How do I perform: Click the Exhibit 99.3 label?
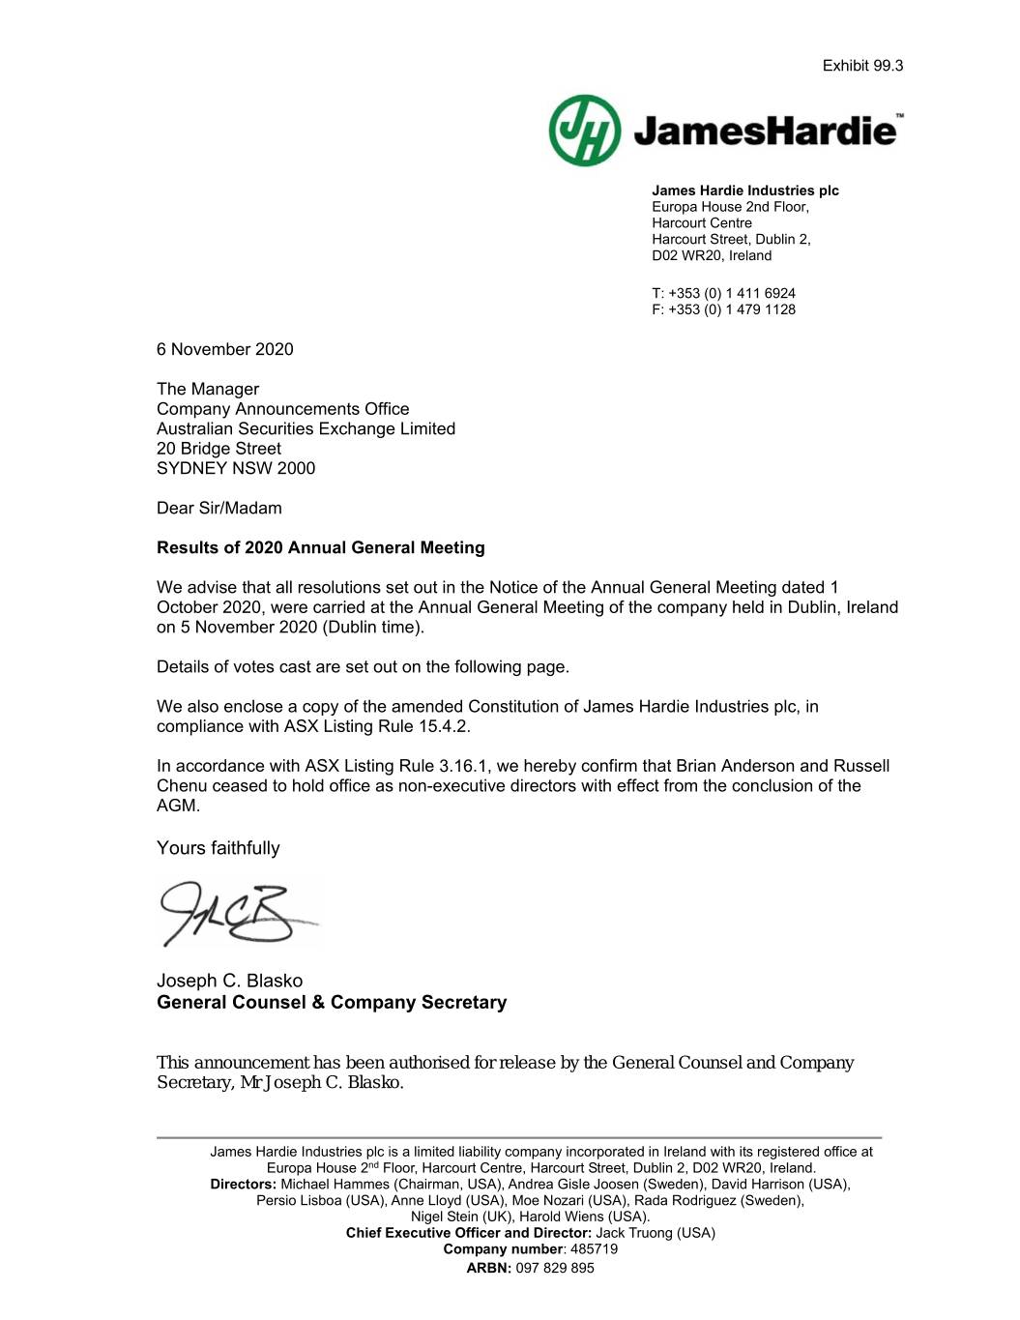(862, 66)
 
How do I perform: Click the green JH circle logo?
(585, 131)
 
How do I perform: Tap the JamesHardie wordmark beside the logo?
(765, 131)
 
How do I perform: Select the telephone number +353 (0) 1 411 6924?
(731, 293)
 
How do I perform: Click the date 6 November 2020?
(224, 349)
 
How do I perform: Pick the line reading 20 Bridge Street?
(219, 449)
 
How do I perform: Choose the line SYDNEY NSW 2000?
(236, 468)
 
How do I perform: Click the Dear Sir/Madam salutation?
(219, 508)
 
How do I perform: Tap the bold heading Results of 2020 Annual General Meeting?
(321, 547)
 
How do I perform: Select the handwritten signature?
(232, 912)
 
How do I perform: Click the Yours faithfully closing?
(219, 848)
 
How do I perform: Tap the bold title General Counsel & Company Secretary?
(332, 1002)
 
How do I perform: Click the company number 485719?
(594, 1248)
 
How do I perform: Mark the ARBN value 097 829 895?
(555, 1268)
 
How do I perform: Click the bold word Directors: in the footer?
(244, 1184)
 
